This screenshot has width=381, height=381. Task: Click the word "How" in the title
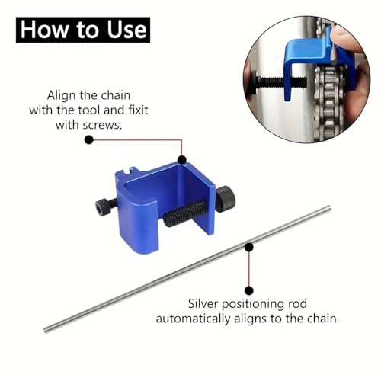[44, 30]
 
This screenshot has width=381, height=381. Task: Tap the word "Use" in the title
[126, 30]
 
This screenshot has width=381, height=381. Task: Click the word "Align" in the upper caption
[62, 96]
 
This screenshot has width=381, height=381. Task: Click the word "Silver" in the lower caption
[203, 303]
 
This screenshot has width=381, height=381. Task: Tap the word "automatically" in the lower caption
[193, 319]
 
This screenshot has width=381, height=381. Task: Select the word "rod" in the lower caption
[297, 304]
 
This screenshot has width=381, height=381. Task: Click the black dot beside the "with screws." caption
[89, 139]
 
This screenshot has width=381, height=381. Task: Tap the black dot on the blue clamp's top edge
[182, 160]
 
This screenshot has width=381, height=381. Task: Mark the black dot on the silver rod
[249, 247]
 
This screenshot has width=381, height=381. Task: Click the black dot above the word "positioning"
[249, 290]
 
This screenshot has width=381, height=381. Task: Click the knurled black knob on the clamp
[226, 200]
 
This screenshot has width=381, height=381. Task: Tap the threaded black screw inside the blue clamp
[184, 213]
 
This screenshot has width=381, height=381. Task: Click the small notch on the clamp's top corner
[133, 169]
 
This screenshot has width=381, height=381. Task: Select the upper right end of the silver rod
[329, 208]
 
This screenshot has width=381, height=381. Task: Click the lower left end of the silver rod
[46, 330]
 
